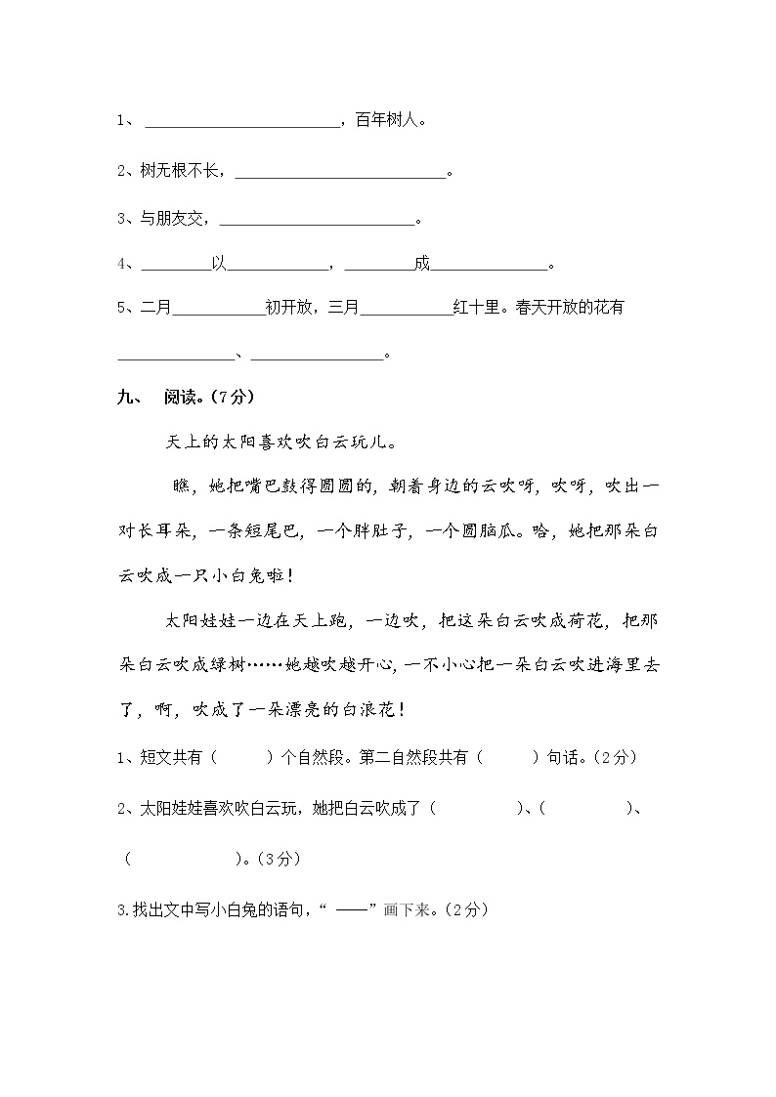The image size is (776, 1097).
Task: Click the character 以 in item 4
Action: click(x=219, y=264)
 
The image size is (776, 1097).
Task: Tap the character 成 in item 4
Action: click(x=421, y=264)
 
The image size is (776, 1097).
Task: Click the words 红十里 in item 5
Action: click(x=476, y=309)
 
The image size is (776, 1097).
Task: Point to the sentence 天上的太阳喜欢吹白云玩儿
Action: click(x=281, y=442)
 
